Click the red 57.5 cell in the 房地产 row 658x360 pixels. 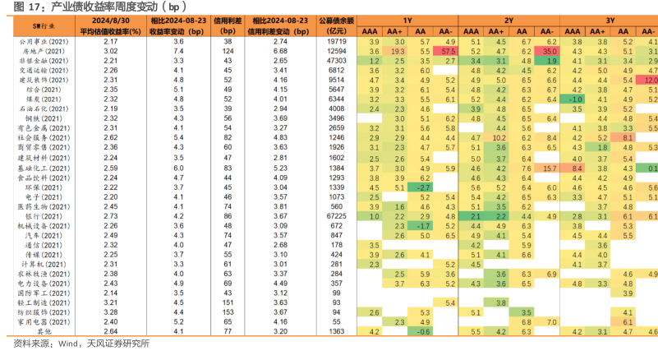pos(448,51)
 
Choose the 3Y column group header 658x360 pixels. pos(610,19)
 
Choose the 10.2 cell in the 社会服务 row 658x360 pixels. pos(499,138)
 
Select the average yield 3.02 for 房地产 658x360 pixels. pos(111,51)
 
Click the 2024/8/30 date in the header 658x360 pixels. pos(111,19)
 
